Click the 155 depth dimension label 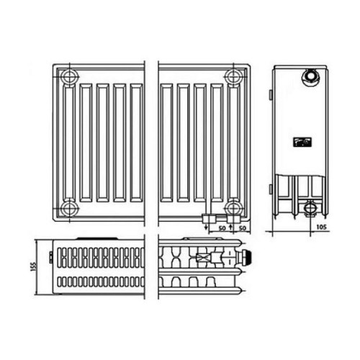point(34,266)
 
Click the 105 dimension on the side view point(321,227)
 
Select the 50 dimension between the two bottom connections point(222,228)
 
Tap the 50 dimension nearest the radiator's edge point(243,228)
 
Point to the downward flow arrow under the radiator point(206,227)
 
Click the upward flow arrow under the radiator point(230,227)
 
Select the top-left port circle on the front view point(69,77)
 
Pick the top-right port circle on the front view point(233,77)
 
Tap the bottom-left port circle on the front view point(69,208)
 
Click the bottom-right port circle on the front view point(233,208)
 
